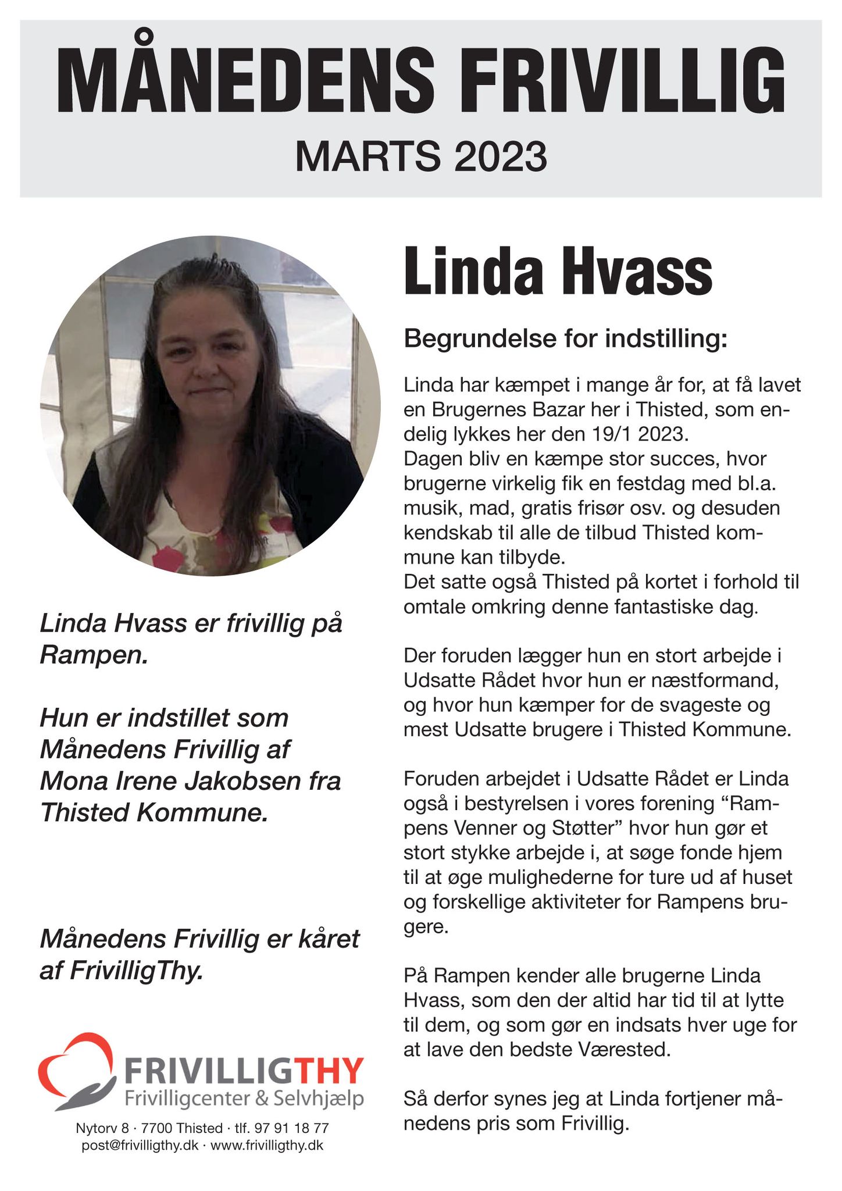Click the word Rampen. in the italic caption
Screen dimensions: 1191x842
point(94,655)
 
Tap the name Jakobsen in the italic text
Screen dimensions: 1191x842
point(251,780)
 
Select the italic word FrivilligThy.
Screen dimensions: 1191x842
point(136,971)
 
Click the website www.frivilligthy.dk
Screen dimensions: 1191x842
point(266,1145)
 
